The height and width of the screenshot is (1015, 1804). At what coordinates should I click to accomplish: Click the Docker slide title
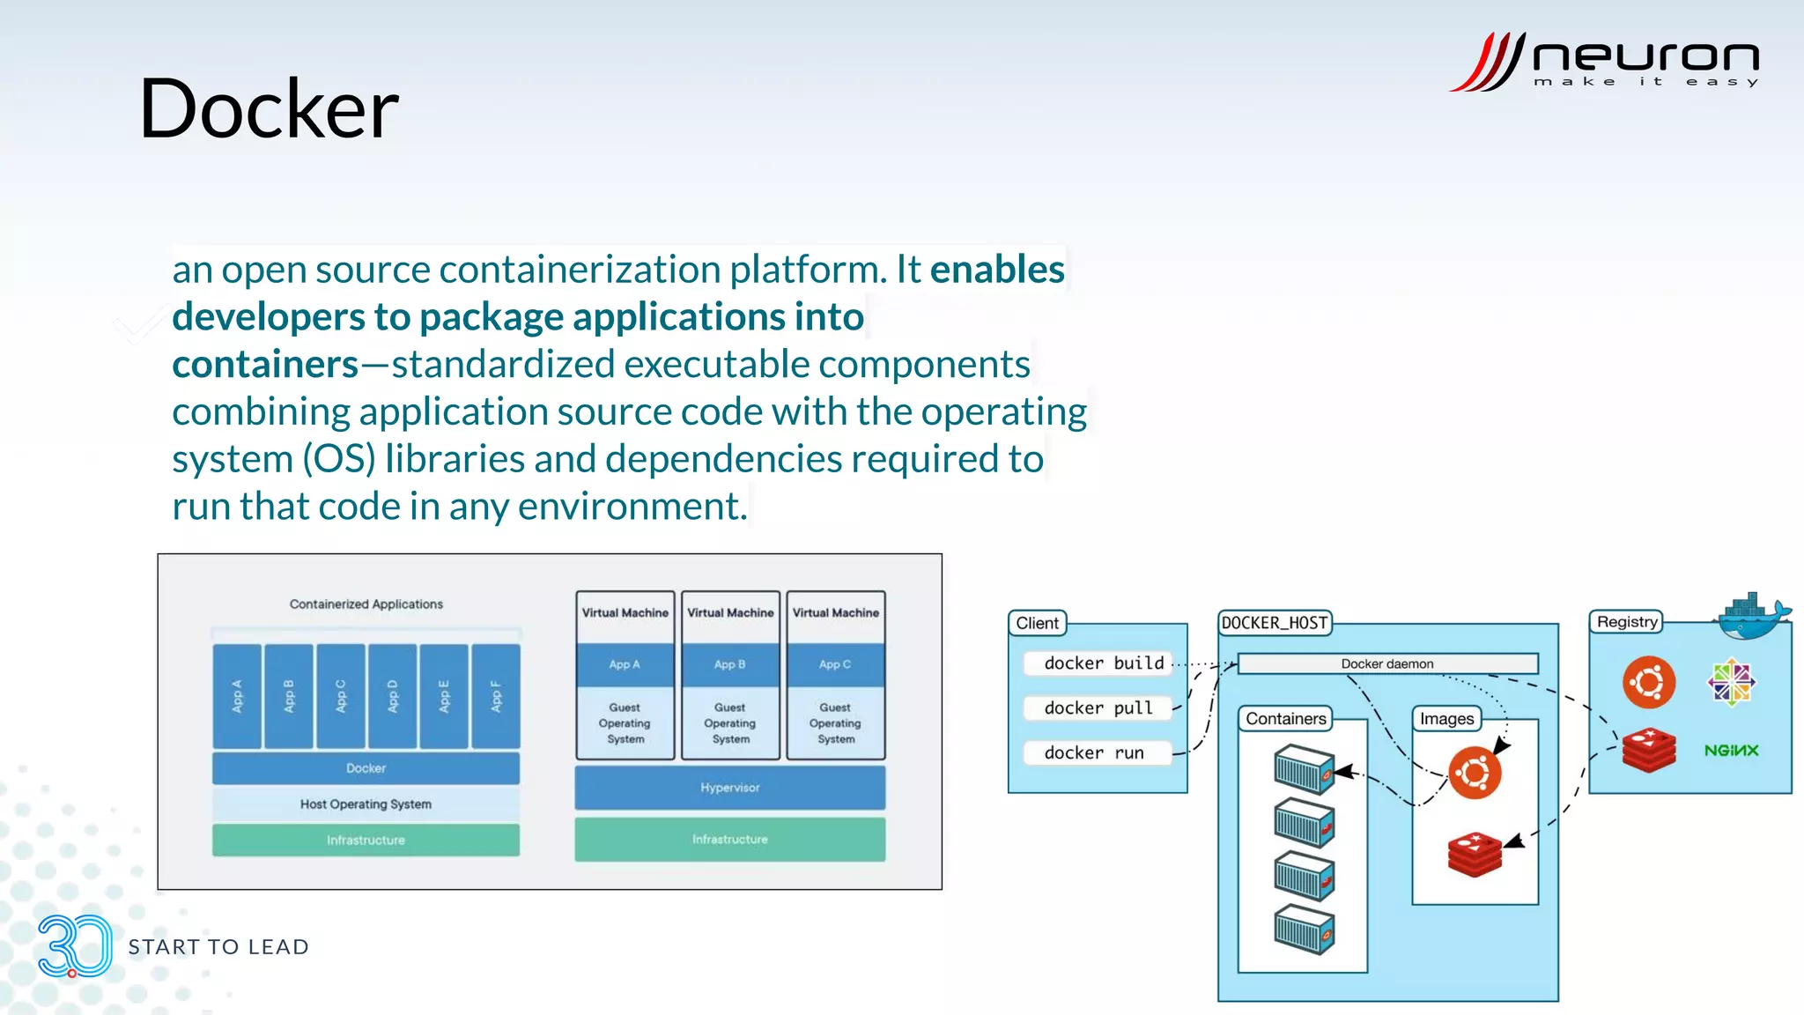click(269, 109)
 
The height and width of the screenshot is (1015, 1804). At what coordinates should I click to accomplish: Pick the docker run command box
click(1096, 753)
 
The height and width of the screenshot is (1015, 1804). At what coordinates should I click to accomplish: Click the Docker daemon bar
click(1387, 664)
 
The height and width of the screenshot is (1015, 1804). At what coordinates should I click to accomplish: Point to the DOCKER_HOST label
click(1274, 623)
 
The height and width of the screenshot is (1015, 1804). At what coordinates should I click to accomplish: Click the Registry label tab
click(1626, 622)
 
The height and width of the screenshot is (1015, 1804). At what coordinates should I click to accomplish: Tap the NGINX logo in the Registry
click(1731, 751)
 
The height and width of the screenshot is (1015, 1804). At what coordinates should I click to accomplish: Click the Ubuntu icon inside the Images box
click(1475, 773)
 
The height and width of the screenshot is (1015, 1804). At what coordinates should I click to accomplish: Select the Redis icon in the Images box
click(1475, 853)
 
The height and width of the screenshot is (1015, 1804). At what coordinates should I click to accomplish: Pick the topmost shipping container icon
click(1305, 768)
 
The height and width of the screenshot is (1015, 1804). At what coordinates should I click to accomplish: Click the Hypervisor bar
click(729, 788)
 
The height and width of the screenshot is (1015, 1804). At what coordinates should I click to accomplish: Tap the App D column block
click(393, 696)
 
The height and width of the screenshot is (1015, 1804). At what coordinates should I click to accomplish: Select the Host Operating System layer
click(366, 804)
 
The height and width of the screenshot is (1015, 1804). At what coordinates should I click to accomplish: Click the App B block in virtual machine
click(729, 664)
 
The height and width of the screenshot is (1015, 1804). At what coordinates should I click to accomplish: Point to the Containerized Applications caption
click(366, 604)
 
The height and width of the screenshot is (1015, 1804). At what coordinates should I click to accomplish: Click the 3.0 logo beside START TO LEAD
click(74, 946)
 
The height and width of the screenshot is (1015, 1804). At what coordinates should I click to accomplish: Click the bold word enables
click(997, 270)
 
